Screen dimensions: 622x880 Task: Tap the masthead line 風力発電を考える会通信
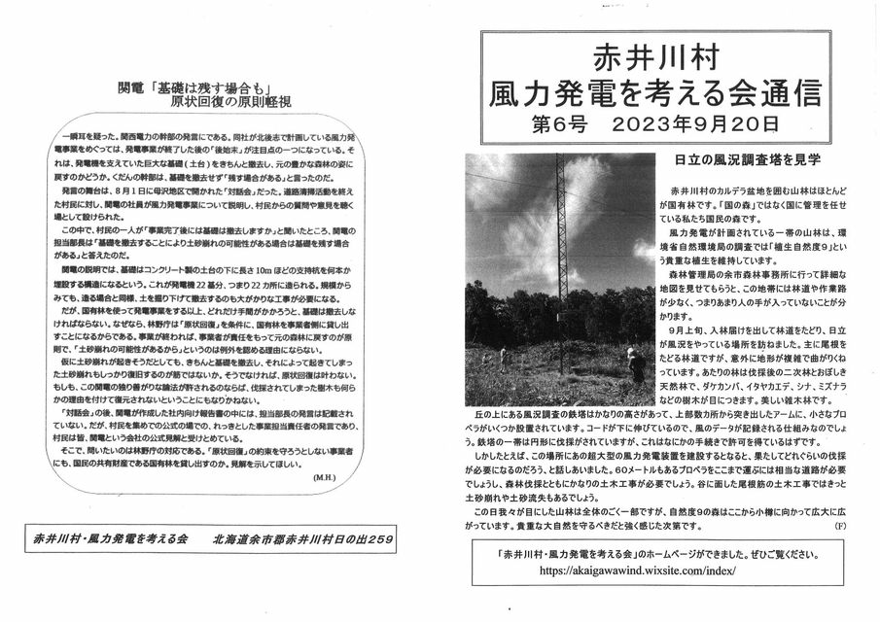pyautogui.click(x=653, y=92)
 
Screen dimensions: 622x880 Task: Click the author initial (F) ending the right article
pyautogui.click(x=839, y=525)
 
